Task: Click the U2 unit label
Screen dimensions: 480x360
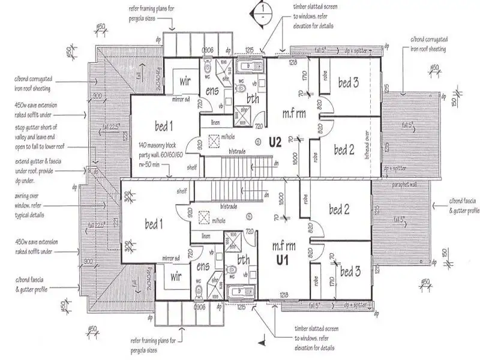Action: click(x=275, y=143)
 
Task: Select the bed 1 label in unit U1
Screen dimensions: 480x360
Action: click(x=154, y=224)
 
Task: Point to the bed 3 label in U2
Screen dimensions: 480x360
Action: click(x=347, y=82)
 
